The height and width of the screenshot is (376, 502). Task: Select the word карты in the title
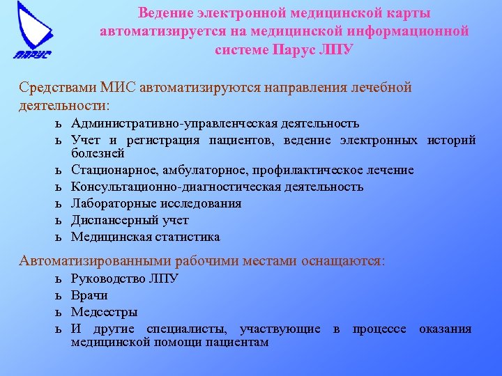click(406, 13)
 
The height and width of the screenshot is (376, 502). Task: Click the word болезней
click(98, 153)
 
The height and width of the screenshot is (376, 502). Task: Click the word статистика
click(188, 237)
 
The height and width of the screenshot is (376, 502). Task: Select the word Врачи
click(89, 295)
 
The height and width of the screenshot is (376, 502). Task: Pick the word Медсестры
click(105, 312)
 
